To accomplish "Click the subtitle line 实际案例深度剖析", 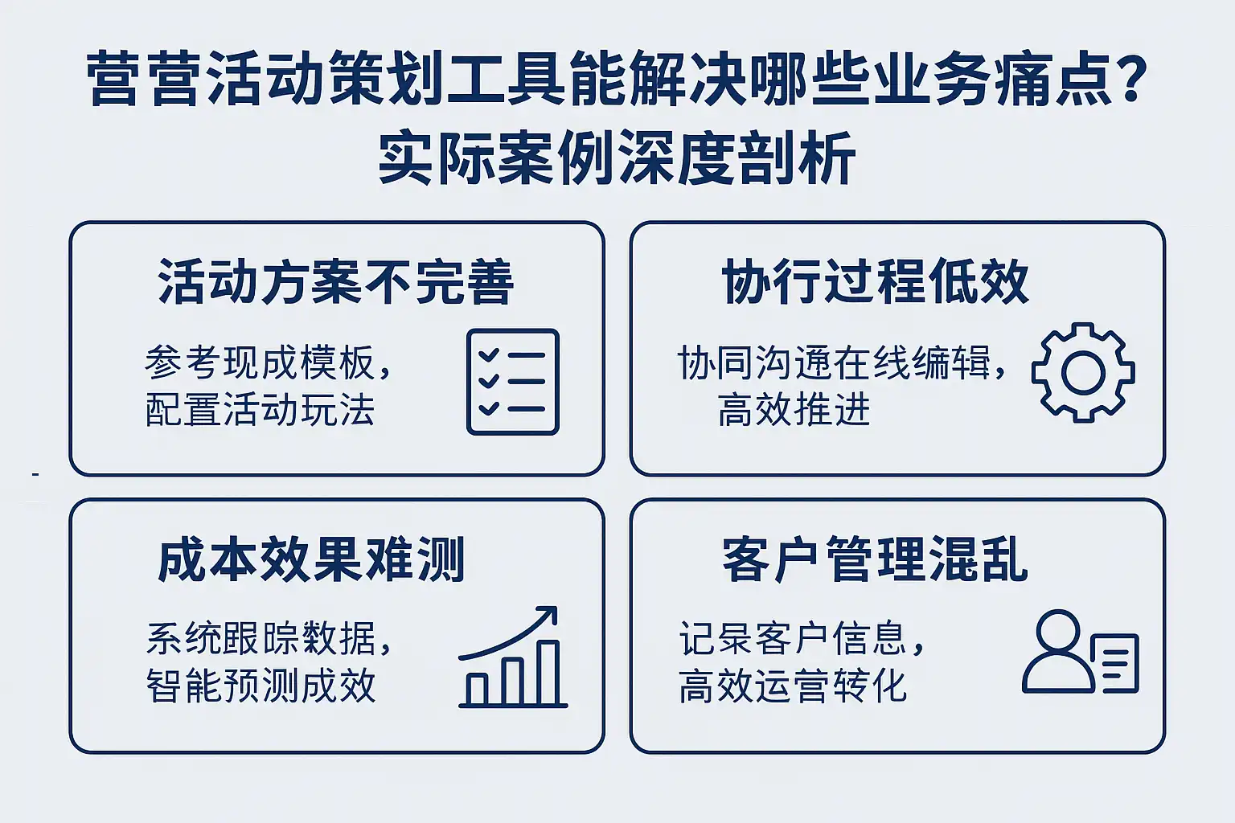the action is (x=617, y=157).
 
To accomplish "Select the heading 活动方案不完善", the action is (x=336, y=281).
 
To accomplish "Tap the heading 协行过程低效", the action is (x=875, y=281).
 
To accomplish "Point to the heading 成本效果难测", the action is (x=311, y=559).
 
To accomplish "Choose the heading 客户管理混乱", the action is (x=875, y=559).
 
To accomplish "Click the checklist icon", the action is (x=513, y=382).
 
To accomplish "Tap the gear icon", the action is (x=1083, y=373).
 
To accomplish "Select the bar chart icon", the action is (x=513, y=656).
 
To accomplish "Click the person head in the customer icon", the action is (x=1057, y=632).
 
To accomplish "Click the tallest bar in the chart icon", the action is (x=548, y=673).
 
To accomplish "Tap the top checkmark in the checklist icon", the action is (x=489, y=354).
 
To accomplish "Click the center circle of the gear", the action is (x=1083, y=373).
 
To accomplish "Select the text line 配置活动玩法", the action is (x=261, y=410).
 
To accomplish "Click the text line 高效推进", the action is (x=794, y=410).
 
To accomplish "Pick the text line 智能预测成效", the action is (x=261, y=686).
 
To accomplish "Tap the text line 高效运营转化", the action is (x=793, y=686).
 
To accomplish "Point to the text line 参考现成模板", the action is (x=268, y=362).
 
